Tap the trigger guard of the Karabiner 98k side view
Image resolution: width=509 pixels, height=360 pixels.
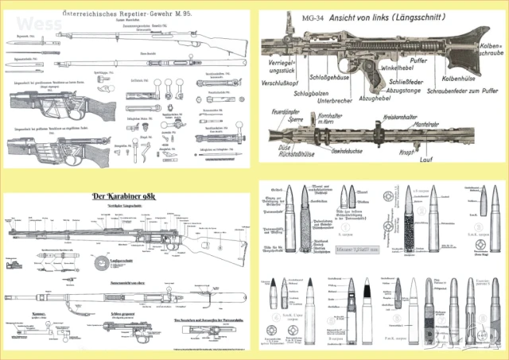point(166,240)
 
